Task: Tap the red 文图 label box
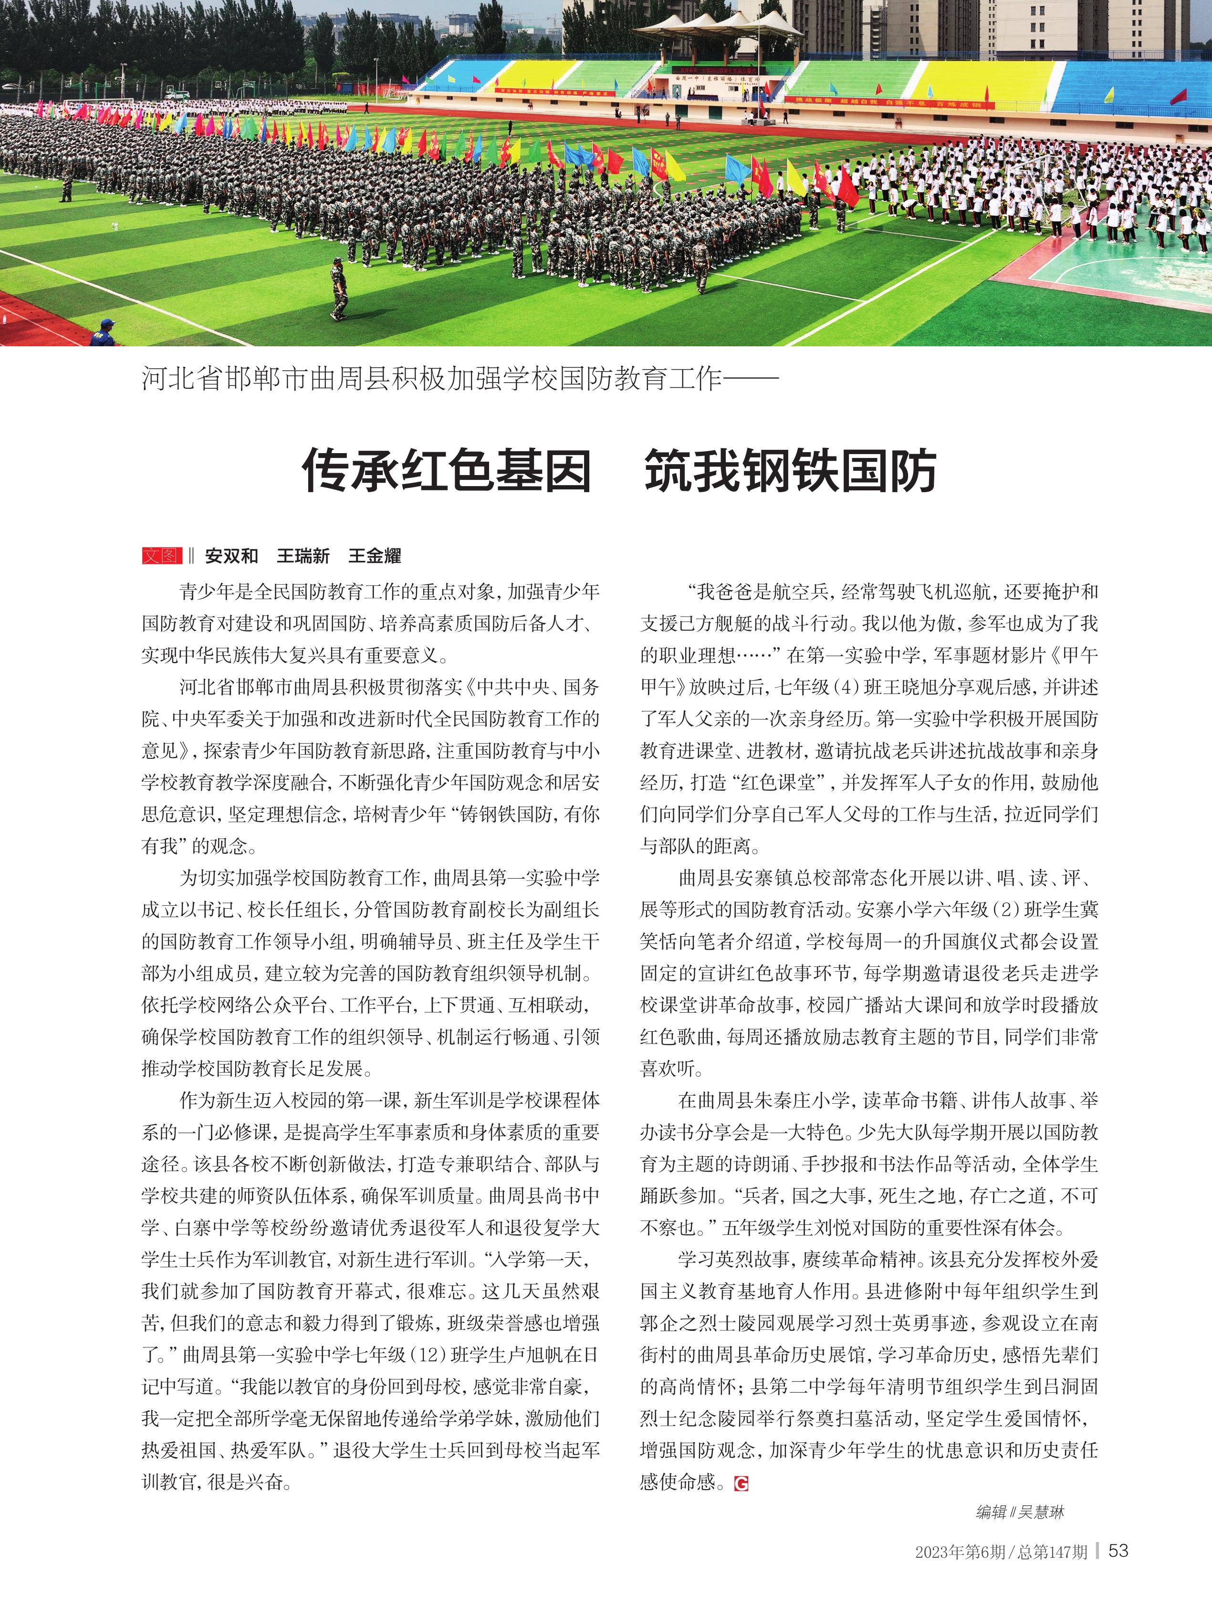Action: (x=161, y=556)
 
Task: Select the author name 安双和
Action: (x=231, y=556)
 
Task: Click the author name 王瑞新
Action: (x=303, y=556)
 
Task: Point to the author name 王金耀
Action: (x=375, y=556)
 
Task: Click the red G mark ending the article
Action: (x=741, y=1483)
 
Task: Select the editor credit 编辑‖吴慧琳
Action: (x=1020, y=1513)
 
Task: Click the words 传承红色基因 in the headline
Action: (x=447, y=470)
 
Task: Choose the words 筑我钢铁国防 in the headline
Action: (x=790, y=470)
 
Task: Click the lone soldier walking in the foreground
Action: (x=338, y=288)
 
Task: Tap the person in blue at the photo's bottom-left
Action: (x=103, y=332)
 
